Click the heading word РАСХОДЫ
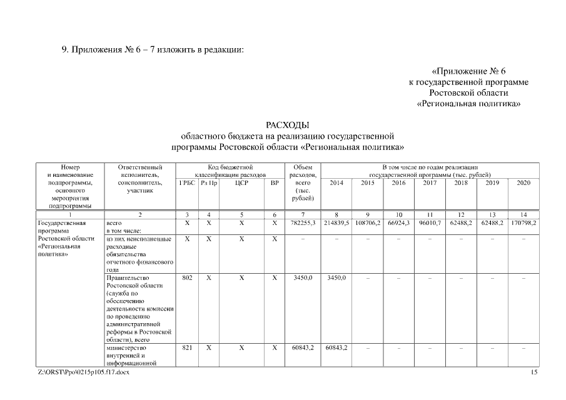click(x=288, y=125)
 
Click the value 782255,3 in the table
click(x=303, y=222)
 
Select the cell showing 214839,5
click(x=336, y=222)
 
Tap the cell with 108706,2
click(x=368, y=222)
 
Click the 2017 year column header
click(x=430, y=182)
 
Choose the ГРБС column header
click(x=187, y=182)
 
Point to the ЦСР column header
click(x=241, y=182)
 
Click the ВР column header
click(x=274, y=182)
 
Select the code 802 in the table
click(x=187, y=277)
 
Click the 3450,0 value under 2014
click(x=336, y=277)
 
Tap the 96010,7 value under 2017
click(x=430, y=222)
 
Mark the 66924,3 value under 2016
click(x=398, y=222)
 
